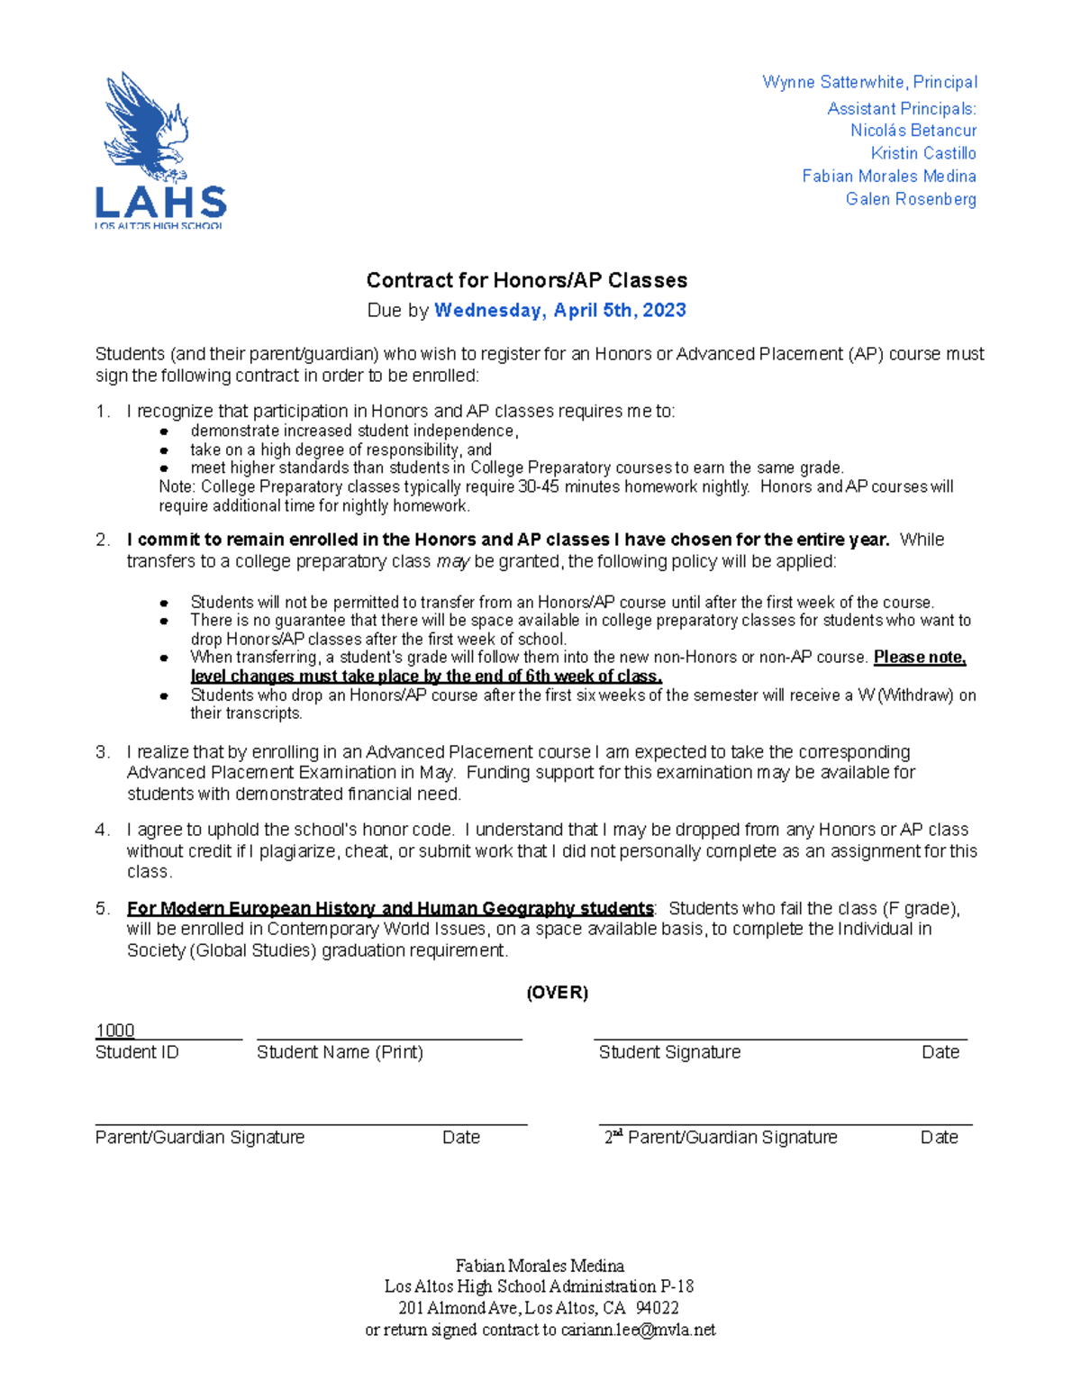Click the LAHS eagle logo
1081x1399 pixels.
(x=159, y=150)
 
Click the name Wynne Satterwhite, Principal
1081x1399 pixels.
(x=869, y=82)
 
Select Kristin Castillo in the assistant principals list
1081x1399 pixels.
(x=923, y=153)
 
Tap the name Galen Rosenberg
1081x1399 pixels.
(x=911, y=199)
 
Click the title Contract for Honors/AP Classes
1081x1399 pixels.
(x=526, y=280)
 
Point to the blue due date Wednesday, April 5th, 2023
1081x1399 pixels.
(x=559, y=311)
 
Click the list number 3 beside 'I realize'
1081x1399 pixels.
(x=102, y=752)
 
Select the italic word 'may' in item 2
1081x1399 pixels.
(x=454, y=562)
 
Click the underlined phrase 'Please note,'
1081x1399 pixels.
(x=920, y=658)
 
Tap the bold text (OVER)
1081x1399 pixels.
(x=557, y=993)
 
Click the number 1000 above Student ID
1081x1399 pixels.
(x=115, y=1031)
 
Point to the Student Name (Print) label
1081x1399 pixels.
(x=340, y=1052)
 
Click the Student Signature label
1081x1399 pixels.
(x=669, y=1052)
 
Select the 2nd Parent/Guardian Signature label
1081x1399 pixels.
(x=721, y=1138)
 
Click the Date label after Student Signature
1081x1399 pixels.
(x=940, y=1052)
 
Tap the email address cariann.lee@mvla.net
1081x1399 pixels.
(x=638, y=1331)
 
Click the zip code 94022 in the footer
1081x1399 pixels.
(x=657, y=1308)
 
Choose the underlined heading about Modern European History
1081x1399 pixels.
(x=390, y=908)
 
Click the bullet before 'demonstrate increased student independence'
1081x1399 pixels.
(x=164, y=432)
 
